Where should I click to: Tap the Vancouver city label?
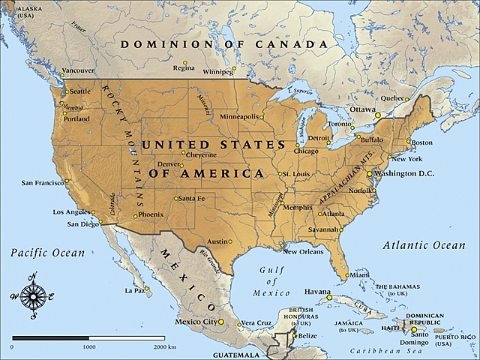coord(78,70)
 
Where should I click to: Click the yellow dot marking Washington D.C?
coord(369,173)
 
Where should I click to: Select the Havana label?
coord(318,290)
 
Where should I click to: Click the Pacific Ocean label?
coord(48,253)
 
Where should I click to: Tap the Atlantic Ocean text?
coord(424,245)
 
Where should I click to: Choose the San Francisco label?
coord(42,182)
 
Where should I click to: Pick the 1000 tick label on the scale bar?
coord(88,347)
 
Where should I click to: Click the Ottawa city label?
coord(361,109)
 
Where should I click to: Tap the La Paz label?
coord(134,290)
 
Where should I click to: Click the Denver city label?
coord(170,164)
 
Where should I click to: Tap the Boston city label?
coord(422,142)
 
